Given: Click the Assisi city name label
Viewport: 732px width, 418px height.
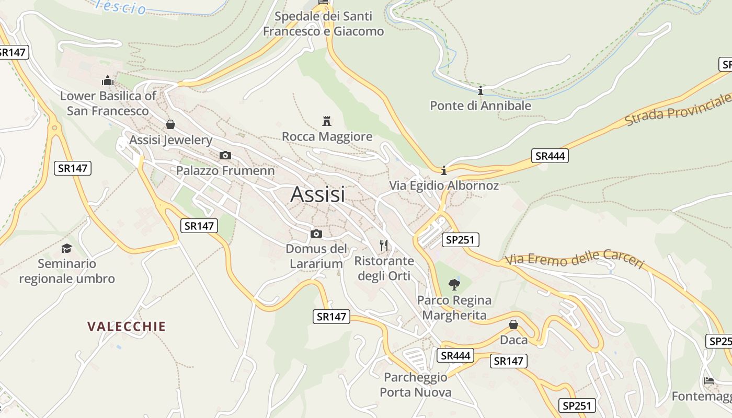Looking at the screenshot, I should click(317, 194).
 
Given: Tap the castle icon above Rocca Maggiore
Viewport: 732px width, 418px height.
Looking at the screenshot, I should click(327, 121).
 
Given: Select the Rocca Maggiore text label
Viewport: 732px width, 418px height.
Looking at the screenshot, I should click(327, 137).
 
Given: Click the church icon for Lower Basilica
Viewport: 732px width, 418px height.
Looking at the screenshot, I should click(108, 80).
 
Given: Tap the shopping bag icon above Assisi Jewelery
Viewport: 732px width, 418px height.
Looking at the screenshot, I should click(170, 124).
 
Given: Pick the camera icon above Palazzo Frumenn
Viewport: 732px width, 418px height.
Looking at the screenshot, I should click(225, 155).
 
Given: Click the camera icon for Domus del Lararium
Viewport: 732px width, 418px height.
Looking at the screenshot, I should click(316, 234).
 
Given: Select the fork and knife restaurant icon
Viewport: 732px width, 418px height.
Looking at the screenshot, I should click(384, 245).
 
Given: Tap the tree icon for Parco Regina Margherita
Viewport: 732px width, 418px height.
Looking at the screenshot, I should click(454, 285).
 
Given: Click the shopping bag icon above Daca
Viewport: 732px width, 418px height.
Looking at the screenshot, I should click(513, 324).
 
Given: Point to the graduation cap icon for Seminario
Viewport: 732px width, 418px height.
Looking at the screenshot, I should click(66, 248).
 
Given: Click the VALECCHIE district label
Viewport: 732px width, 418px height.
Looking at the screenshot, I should click(127, 327).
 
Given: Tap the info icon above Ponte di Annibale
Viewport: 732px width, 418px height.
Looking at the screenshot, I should click(481, 91).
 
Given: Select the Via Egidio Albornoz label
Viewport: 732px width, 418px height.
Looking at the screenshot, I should click(444, 185).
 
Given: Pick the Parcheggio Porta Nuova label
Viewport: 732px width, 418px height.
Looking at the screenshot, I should click(416, 385).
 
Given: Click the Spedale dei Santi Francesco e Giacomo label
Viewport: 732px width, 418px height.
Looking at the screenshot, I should click(323, 24).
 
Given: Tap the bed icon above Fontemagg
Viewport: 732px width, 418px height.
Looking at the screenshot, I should click(708, 380).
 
